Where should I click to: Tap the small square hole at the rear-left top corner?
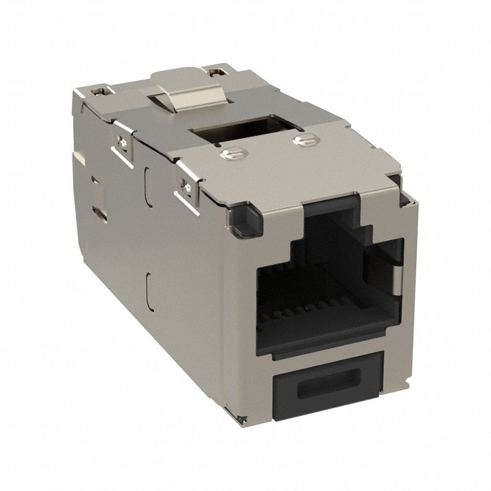pyautogui.click(x=98, y=93)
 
